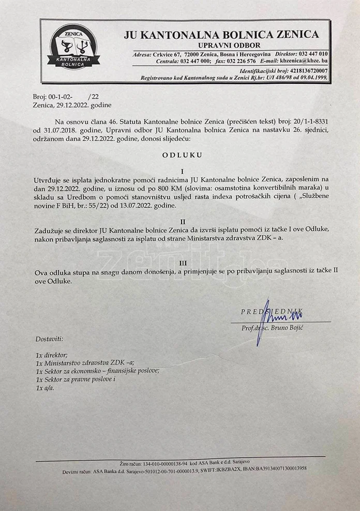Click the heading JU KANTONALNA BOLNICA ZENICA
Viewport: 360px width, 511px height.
221,35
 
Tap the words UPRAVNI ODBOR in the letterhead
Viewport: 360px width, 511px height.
221,45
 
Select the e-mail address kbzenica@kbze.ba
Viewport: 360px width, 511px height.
301,61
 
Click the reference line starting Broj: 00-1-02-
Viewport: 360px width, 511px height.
64,96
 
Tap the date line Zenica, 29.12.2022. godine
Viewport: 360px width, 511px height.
67,105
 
